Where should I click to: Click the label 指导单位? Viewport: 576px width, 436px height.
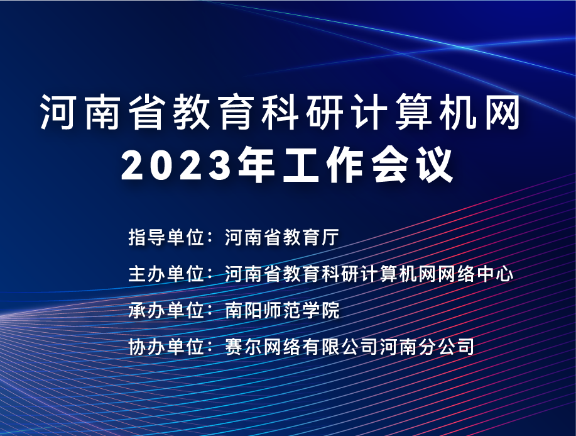point(166,237)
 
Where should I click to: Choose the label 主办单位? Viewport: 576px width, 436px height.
point(166,274)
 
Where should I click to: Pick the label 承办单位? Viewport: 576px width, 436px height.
point(166,310)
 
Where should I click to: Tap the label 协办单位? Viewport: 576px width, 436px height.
point(166,347)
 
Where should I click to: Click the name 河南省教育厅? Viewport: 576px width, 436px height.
point(282,237)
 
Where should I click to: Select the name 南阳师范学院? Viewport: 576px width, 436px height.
point(282,310)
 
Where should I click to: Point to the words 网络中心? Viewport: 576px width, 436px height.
point(475,274)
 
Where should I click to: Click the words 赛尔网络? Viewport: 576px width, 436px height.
point(263,347)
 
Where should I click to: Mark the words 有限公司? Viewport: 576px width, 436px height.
point(340,347)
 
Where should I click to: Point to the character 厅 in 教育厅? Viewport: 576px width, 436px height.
point(330,237)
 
